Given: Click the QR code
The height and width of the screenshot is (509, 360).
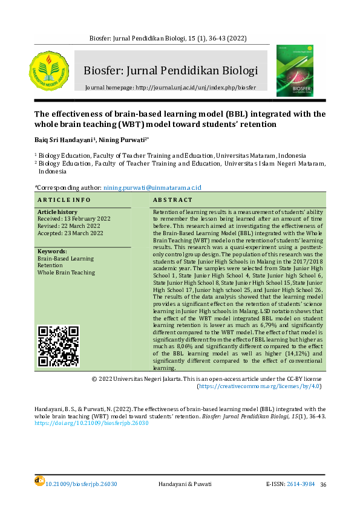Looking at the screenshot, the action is [59, 346].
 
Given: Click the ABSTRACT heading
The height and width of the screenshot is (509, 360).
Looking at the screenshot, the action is [172, 199].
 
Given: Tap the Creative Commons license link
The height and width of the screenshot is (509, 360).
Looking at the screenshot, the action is [260, 385].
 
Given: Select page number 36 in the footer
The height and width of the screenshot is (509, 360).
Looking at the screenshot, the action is [323, 485].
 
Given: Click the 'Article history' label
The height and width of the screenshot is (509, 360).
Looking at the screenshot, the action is [57, 212].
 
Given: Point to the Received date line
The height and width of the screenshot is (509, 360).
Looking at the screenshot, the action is [70, 219].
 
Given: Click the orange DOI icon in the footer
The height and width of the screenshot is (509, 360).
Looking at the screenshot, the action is [39, 481].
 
